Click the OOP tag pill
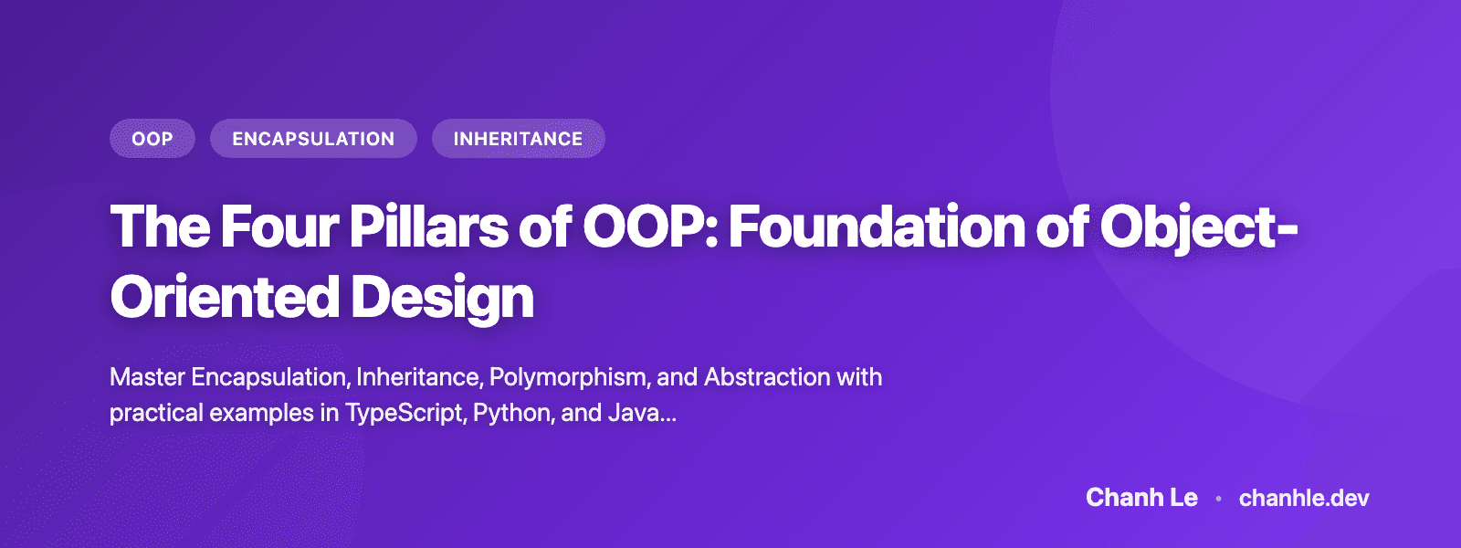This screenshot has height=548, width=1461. pos(152,139)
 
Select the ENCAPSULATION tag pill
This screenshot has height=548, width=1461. pos(313,139)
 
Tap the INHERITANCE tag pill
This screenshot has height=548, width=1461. pos(518,139)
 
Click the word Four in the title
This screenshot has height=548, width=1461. pos(279,227)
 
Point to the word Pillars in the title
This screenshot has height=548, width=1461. pos(428,227)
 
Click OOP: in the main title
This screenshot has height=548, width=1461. pos(650,227)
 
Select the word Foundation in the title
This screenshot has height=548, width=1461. pos(877,227)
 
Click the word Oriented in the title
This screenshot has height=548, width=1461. pos(224,298)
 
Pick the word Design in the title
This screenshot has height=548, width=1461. pos(442,298)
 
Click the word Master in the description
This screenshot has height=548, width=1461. pos(147,377)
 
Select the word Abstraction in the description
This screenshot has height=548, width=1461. pos(767,377)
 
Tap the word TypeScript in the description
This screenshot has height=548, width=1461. pos(405,413)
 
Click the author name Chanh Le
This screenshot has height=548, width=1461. pos(1141,498)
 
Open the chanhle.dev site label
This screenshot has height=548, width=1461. pos(1304,498)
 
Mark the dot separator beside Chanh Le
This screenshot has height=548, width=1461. pos(1218,499)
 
